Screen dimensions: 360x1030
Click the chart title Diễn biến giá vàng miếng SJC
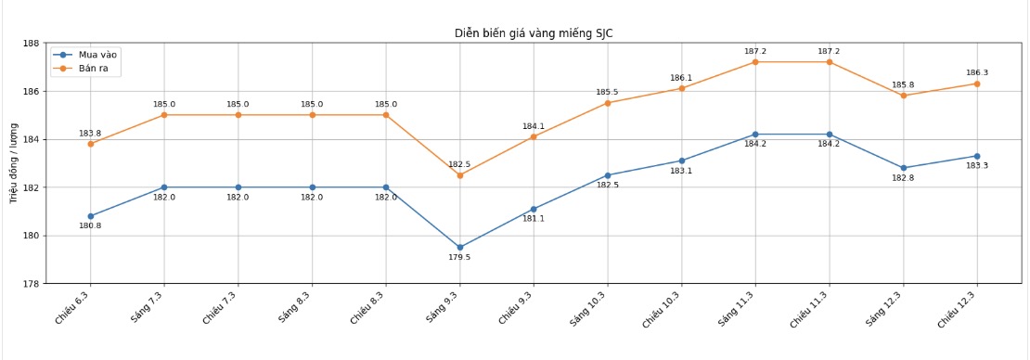coord(533,33)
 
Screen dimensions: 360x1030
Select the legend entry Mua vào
coord(97,55)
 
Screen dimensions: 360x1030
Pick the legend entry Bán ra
coord(95,69)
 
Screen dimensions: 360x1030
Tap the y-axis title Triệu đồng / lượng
coord(15,162)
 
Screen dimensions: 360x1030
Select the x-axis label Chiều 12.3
coord(959,306)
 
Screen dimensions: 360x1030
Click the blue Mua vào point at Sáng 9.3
coord(459,248)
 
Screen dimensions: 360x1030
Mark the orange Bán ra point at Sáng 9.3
coord(459,175)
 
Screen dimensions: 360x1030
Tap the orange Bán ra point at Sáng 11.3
coord(755,62)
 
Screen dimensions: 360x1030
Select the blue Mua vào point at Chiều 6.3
coord(90,216)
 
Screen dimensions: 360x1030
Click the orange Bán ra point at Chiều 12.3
coord(977,84)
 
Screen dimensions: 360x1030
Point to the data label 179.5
coord(459,258)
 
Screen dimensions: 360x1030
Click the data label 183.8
coord(90,134)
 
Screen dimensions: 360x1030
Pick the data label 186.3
coord(977,72)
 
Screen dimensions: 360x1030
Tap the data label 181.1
coord(534,219)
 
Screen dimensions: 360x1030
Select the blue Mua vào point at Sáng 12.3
coord(903,168)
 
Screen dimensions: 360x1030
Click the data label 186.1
coord(681,78)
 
